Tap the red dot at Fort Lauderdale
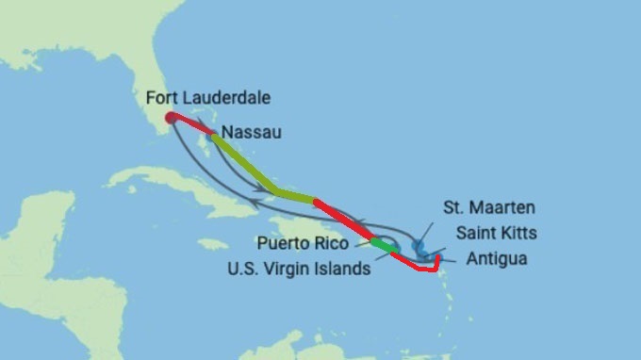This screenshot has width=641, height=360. (169, 119)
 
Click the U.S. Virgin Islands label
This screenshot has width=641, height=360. (300, 268)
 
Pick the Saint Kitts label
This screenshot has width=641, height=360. (496, 232)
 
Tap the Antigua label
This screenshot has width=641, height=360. (497, 258)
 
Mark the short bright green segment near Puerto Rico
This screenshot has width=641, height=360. (382, 244)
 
